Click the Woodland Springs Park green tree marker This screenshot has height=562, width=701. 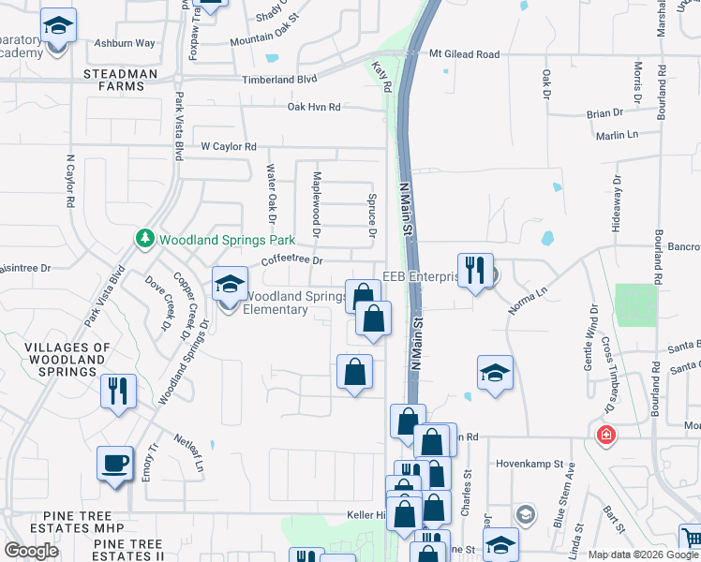tap(145, 239)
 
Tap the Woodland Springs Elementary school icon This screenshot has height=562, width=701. tap(229, 283)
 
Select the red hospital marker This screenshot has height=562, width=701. tap(607, 435)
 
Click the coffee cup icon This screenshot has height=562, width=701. tap(115, 463)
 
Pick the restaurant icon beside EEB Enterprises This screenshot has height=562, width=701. tap(475, 271)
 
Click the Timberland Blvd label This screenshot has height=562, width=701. tap(280, 81)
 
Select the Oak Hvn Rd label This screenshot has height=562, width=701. tap(313, 108)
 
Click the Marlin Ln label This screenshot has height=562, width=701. tap(616, 136)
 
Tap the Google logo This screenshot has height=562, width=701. tap(31, 551)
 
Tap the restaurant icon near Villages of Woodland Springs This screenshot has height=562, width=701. tap(118, 391)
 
